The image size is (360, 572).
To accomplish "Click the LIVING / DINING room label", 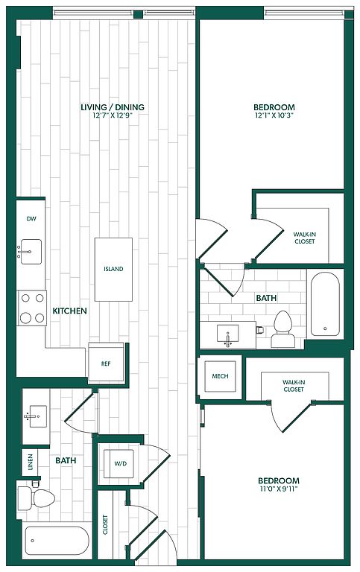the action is coord(113,107).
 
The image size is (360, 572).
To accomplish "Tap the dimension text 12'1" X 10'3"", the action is coord(274,115).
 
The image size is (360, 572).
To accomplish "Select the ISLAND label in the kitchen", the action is coord(113,269).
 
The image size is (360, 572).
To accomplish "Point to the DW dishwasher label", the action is coord(31,219).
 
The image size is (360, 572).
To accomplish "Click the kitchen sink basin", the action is coord(31,252).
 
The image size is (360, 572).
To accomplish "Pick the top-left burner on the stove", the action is coord(25,299).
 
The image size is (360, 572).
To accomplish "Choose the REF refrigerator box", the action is coord(106,363).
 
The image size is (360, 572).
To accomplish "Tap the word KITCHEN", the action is coord(70,311).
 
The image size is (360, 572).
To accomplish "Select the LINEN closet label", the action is coord(31,462).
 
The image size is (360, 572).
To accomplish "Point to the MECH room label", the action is coord(220,376).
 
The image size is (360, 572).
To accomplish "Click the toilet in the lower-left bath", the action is coord(36,498).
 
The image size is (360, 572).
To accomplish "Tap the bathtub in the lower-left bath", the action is coord(57,541).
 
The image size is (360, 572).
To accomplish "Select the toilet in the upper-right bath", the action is coord(283,329).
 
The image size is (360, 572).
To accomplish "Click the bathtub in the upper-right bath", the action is coord(325,304).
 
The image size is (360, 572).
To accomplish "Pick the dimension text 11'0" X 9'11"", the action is coord(279,489).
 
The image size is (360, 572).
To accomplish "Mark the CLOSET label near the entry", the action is coord(106,524).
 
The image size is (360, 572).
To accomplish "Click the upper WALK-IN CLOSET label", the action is coord(305,238).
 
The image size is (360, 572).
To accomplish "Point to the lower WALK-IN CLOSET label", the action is coord(294,386).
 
